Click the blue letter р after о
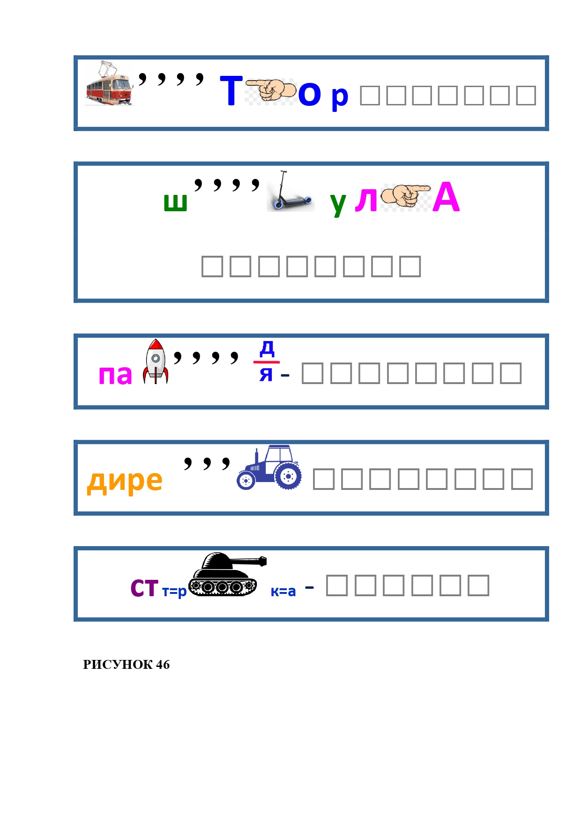click(340, 96)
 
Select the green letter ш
click(175, 202)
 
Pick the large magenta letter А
click(446, 198)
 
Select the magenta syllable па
click(115, 375)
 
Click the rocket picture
click(156, 362)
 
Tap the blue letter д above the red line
click(267, 348)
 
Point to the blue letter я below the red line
click(266, 374)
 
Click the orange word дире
click(125, 481)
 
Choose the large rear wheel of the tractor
click(288, 476)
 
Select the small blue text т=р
click(174, 592)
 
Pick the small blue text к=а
click(283, 592)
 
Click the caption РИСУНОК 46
click(126, 665)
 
